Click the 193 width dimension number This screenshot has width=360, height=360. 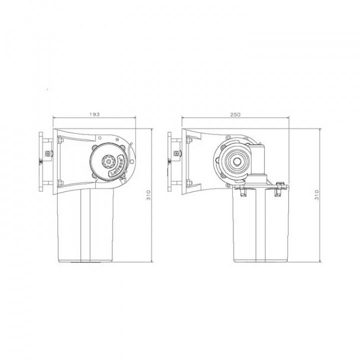(95, 114)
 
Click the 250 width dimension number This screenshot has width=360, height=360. (236, 114)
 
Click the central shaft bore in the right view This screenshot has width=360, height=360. (236, 161)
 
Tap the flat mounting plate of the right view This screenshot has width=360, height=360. (170, 161)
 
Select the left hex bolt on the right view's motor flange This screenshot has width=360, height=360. (242, 189)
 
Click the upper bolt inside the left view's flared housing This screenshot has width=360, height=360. (59, 142)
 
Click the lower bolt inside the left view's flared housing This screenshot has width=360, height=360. (59, 181)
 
